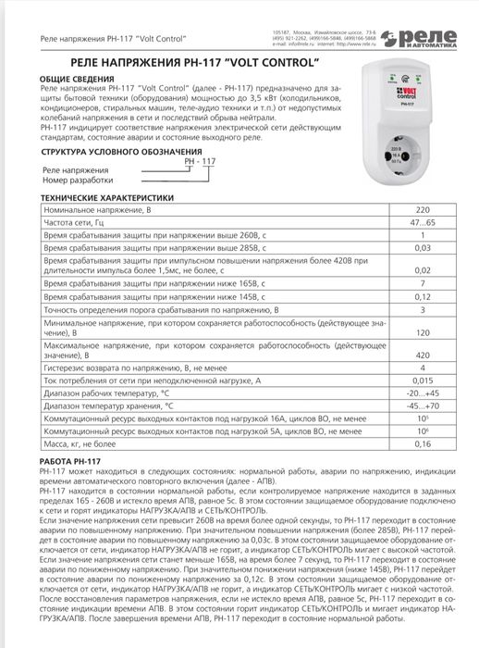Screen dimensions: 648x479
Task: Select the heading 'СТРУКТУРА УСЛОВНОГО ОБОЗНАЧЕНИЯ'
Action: point(110,149)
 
